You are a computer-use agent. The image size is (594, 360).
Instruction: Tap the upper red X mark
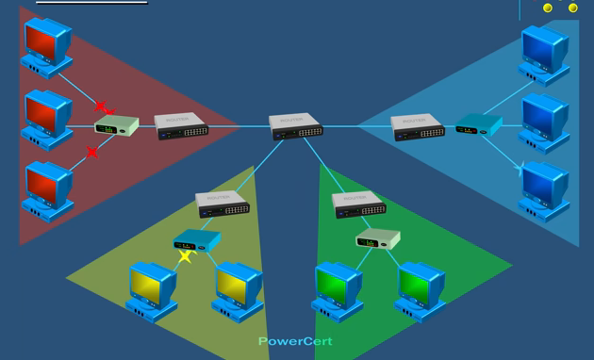(102, 106)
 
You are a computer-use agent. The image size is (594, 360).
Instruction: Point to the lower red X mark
(92, 152)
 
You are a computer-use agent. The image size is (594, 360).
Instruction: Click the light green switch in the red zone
(117, 124)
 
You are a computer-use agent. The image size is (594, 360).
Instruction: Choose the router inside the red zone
(182, 125)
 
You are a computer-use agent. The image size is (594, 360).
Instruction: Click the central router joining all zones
(296, 125)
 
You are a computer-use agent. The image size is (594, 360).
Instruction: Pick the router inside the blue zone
(418, 126)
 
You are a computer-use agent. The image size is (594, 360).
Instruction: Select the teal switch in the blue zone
(478, 124)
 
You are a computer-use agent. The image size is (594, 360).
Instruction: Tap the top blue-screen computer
(544, 53)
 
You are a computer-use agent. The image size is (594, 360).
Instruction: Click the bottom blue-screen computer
(544, 188)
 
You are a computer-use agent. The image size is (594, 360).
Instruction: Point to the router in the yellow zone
(223, 204)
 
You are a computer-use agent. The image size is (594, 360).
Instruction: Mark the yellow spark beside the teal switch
(185, 254)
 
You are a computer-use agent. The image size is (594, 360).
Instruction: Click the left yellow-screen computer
(152, 288)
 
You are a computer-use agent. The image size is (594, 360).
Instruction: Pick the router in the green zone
(359, 204)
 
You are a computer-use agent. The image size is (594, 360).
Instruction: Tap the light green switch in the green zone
(378, 239)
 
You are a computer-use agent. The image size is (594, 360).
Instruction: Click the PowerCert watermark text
(295, 341)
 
